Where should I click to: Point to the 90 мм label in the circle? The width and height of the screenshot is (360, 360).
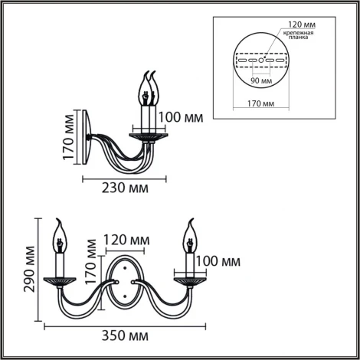262,80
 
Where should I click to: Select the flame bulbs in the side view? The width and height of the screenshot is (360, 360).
149,87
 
